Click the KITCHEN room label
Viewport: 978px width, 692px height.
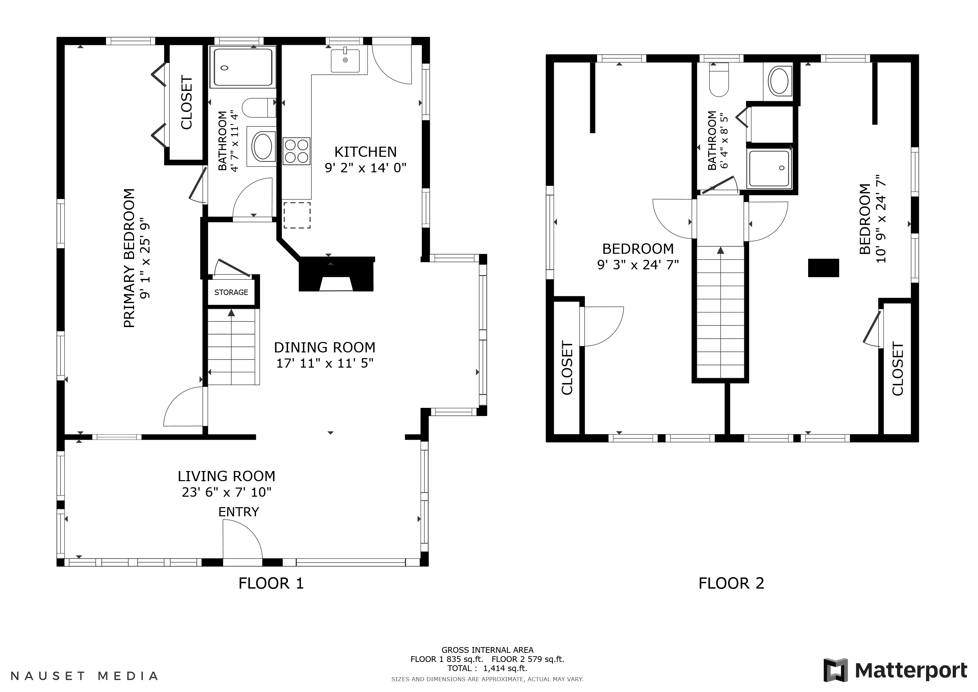[x=365, y=152]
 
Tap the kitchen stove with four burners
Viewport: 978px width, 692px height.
[x=297, y=151]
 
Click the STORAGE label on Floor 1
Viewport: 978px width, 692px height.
[x=231, y=292]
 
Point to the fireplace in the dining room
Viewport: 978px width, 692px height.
[x=336, y=275]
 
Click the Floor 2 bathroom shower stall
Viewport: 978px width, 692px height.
[x=769, y=168]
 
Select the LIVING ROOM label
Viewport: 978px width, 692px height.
[x=226, y=476]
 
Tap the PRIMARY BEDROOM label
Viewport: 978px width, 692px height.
[x=129, y=258]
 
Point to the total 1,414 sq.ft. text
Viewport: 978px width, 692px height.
[x=487, y=669]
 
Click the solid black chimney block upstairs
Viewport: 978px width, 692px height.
[x=823, y=268]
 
